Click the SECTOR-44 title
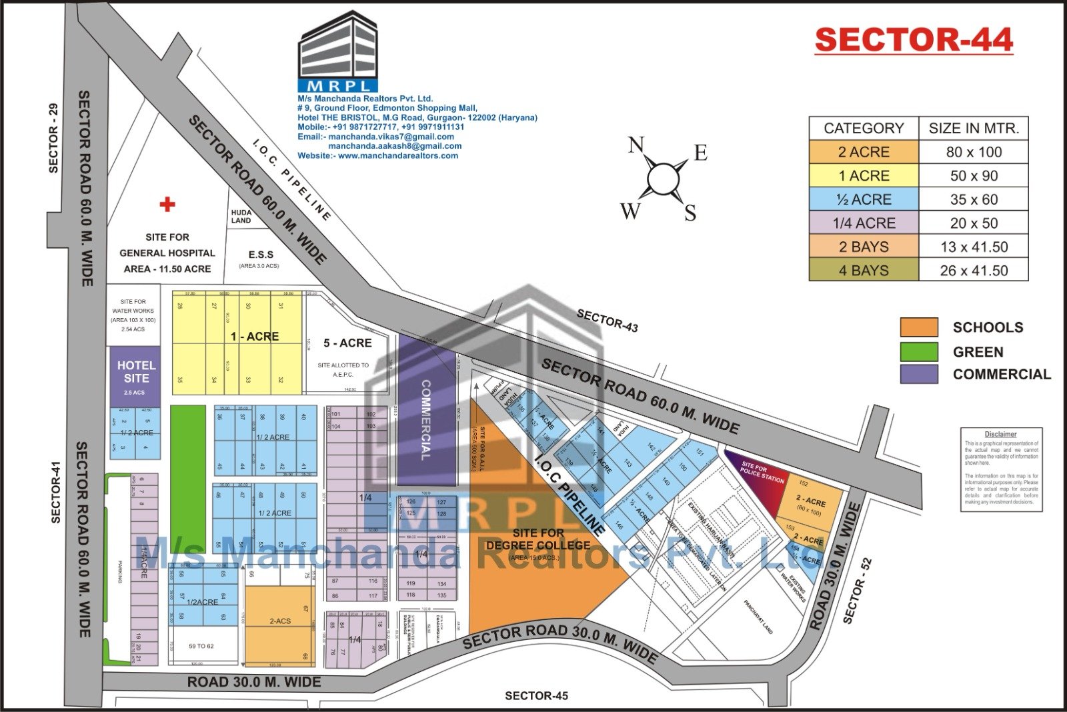point(914,40)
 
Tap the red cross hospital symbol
point(167,204)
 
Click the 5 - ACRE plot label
point(347,343)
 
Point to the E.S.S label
point(260,255)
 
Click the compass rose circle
point(663,178)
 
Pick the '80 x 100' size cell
point(973,152)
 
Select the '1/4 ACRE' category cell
point(864,223)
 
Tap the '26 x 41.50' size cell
point(973,271)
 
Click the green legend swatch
point(918,351)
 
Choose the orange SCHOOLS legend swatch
point(918,327)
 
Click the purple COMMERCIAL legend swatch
point(918,374)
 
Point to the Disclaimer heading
point(1000,434)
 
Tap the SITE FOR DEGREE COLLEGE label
point(538,539)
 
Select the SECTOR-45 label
point(536,696)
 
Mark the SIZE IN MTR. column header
point(973,128)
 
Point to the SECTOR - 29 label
point(53,138)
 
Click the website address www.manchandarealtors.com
point(397,155)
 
